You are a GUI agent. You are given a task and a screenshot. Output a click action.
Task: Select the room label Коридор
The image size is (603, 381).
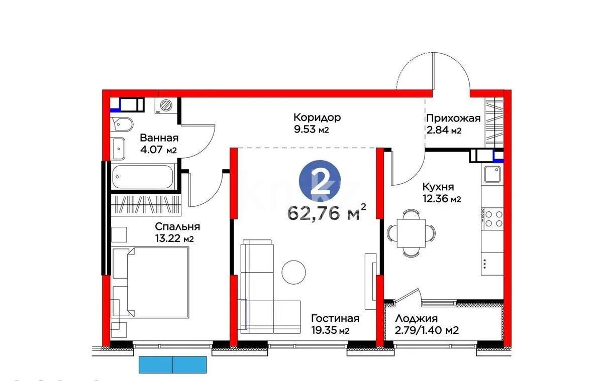coord(317,117)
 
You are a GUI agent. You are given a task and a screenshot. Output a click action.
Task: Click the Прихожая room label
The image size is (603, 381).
coord(453,118)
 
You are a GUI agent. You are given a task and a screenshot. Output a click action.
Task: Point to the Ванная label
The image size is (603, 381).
coord(159,138)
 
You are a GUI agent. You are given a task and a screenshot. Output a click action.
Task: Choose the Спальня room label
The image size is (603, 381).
coord(177,226)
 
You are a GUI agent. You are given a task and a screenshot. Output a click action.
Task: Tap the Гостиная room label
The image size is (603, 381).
coord(335,319)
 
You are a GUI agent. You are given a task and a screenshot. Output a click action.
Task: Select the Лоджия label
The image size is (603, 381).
coord(416,318)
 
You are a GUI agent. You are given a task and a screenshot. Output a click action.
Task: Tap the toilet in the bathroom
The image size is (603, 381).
coord(123,124)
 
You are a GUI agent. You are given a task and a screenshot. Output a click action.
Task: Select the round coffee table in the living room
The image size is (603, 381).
coord(293,272)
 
